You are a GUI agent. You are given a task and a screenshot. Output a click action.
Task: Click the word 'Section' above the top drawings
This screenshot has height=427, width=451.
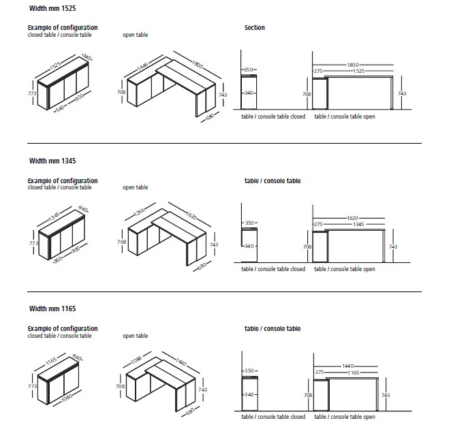click(255, 28)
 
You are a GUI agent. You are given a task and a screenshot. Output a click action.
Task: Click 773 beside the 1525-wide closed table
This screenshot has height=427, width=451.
click(31, 91)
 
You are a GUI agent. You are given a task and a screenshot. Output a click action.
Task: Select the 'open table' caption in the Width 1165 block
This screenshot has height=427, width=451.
click(135, 336)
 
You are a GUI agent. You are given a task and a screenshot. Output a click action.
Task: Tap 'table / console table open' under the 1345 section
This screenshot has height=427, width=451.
click(344, 269)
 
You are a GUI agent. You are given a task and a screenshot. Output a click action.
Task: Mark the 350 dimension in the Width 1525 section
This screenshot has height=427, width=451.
click(249, 70)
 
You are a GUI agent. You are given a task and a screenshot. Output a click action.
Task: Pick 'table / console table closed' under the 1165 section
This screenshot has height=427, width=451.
click(273, 416)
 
